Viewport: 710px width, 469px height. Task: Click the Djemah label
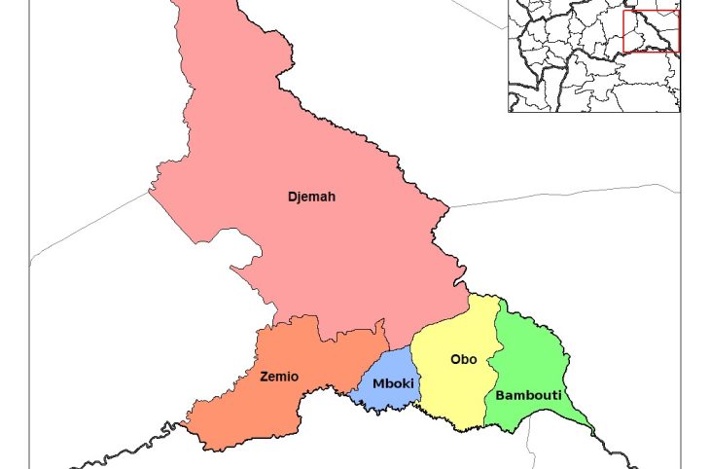coord(311,197)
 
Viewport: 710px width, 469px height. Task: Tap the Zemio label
coord(279,376)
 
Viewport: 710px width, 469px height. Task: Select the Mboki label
coord(394,383)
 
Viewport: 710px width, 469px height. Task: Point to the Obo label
coord(463,359)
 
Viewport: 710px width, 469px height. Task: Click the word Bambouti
coord(528,395)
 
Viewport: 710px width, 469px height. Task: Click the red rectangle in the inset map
coord(651,30)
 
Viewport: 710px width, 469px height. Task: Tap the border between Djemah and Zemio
coord(321,328)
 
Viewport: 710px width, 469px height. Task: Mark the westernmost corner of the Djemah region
coord(149,190)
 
